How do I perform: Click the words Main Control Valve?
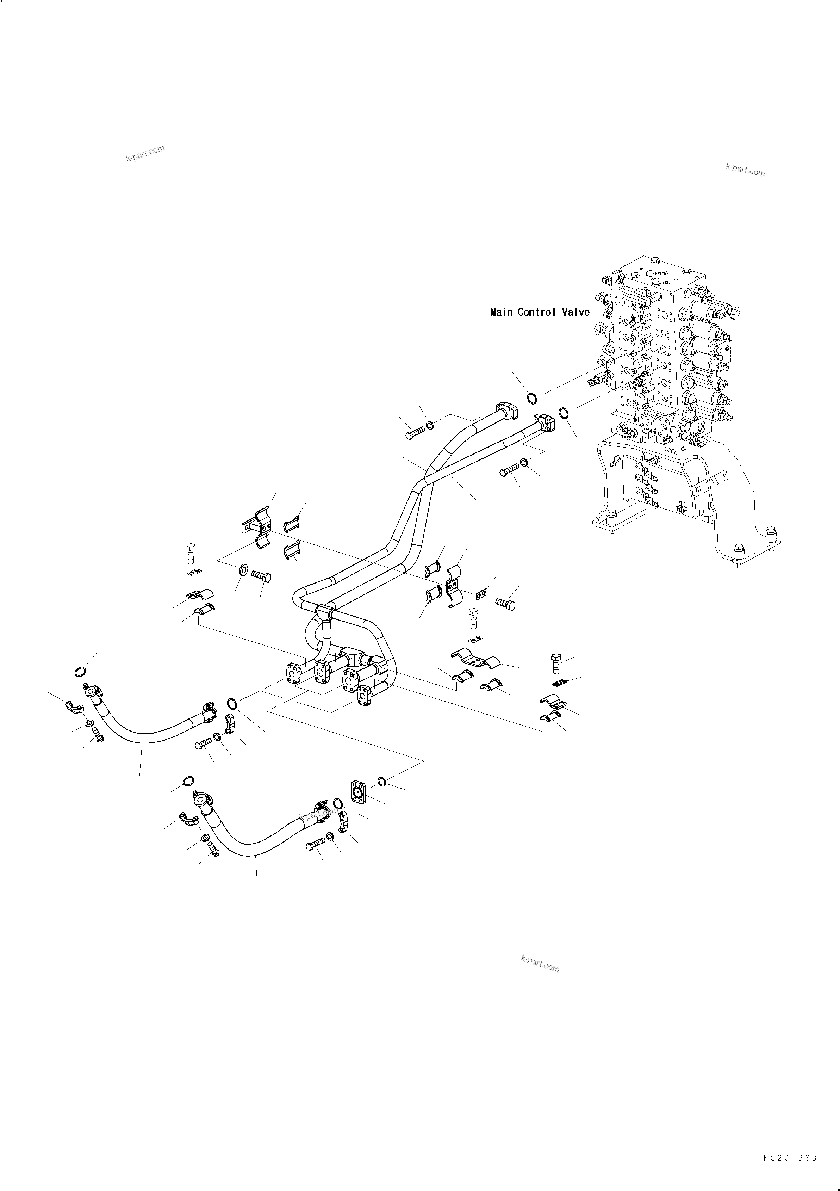coord(540,312)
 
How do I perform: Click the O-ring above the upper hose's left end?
coord(80,672)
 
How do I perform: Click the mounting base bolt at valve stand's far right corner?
coord(773,533)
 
